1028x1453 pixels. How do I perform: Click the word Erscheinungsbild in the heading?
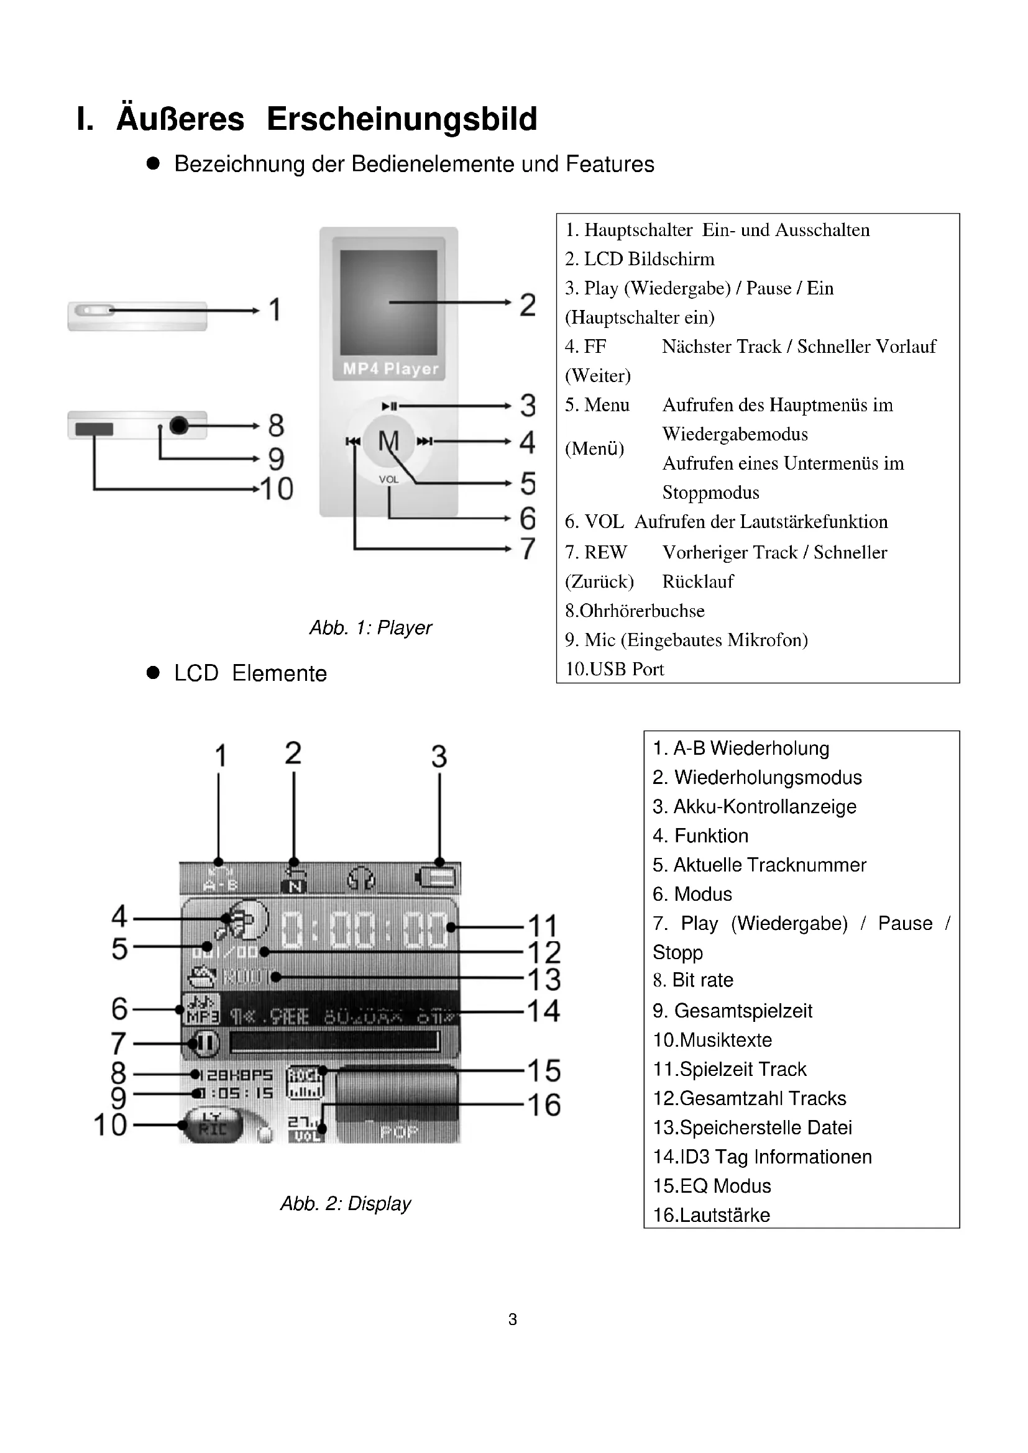click(402, 119)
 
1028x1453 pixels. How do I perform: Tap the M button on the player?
click(388, 440)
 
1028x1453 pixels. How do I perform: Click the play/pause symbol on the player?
click(389, 406)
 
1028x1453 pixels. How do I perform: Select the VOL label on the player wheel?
click(388, 480)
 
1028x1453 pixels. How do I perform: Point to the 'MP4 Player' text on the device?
click(390, 368)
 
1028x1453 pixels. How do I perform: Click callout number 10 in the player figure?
click(277, 488)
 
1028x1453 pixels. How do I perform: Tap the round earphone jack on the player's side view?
click(179, 426)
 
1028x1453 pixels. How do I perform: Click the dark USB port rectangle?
click(94, 429)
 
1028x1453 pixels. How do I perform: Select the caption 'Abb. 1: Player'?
click(370, 627)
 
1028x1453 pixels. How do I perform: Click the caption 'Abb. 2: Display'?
click(346, 1203)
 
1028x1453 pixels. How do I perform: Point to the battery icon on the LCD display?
click(438, 878)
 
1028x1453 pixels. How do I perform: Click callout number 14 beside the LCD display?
click(544, 1011)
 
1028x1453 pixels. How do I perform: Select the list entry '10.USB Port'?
click(615, 669)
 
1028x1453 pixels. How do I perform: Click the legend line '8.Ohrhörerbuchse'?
click(635, 611)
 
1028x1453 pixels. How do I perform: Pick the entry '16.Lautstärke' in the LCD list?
click(712, 1214)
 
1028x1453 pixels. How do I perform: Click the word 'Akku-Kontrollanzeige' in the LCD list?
click(764, 806)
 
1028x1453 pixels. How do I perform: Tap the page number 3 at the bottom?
click(513, 1319)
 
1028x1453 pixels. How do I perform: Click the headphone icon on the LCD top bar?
click(362, 878)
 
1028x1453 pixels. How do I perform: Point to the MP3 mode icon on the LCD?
click(202, 1009)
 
